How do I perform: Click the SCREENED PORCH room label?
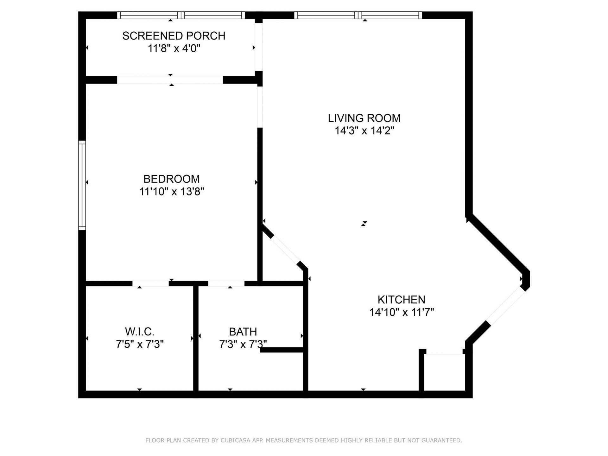(174, 36)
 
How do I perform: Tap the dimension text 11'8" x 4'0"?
(174, 49)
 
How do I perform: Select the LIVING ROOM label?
(364, 118)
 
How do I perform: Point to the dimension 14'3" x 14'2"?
(364, 131)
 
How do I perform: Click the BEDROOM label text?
(171, 179)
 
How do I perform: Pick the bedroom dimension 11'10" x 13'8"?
(172, 192)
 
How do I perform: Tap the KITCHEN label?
(401, 300)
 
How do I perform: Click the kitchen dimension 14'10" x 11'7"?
(401, 313)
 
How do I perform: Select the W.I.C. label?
(140, 332)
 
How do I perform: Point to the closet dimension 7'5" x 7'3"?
(140, 344)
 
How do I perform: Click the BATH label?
(243, 332)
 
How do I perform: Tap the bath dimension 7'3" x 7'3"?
(243, 344)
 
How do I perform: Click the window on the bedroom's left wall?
(82, 185)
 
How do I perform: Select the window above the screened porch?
(181, 15)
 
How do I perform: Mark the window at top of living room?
(358, 15)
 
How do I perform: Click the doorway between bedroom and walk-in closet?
(150, 283)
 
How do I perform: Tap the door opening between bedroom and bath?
(226, 283)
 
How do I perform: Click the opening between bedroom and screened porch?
(170, 80)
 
